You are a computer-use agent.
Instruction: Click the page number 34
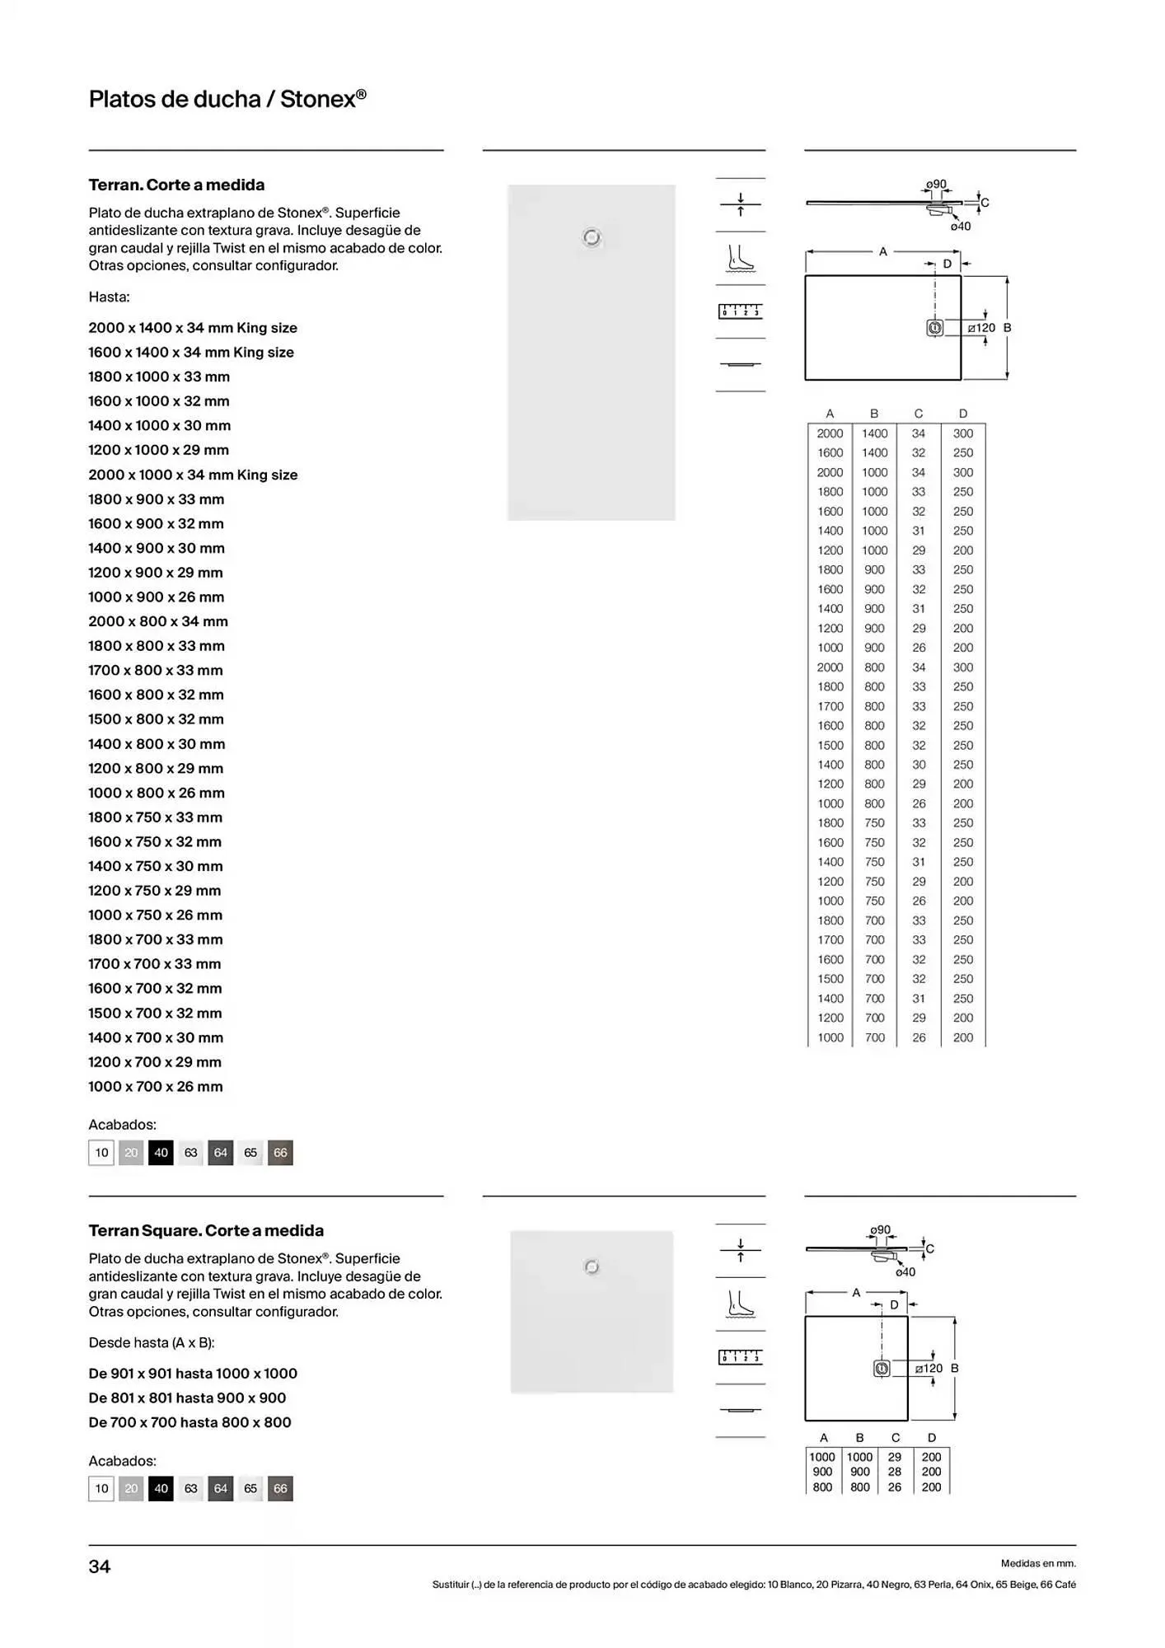point(99,1566)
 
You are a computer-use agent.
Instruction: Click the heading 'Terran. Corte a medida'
point(176,185)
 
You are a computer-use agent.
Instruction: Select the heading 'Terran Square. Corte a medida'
point(206,1230)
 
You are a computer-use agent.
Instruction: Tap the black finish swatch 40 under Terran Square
point(161,1488)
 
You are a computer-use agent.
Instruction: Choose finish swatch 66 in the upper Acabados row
point(280,1152)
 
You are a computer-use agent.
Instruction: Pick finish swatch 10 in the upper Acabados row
point(101,1152)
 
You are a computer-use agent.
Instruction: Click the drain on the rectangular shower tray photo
point(592,238)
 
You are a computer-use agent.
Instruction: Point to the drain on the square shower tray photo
point(592,1266)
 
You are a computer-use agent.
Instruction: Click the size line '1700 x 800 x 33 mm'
point(156,670)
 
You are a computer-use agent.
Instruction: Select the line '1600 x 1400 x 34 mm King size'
point(191,352)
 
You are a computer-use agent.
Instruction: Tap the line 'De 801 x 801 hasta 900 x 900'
point(187,1398)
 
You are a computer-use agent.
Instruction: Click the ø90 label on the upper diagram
point(936,184)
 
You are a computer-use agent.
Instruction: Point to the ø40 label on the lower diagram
point(905,1271)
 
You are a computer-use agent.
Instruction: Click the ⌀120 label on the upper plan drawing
point(981,327)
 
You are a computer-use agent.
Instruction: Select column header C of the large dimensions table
point(919,413)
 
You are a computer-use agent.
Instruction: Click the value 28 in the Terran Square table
point(895,1471)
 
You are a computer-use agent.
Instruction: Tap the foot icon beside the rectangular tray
point(740,258)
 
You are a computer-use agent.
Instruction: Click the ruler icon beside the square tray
point(740,1357)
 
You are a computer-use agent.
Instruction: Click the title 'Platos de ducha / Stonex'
point(227,99)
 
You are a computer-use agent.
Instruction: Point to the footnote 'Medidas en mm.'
point(1038,1563)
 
